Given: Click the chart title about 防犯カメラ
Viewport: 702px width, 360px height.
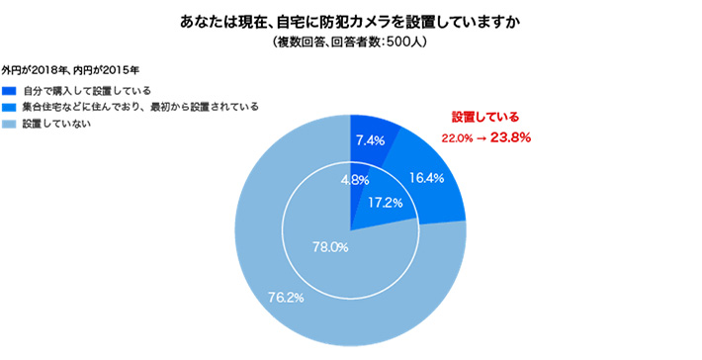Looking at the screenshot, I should [350, 20].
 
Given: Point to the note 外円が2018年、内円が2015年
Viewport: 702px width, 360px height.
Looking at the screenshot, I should [70, 71].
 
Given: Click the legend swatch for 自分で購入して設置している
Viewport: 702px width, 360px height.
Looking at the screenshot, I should [10, 91].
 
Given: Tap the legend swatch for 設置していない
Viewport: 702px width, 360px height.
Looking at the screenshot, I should [10, 124].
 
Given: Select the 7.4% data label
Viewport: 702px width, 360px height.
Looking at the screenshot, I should [369, 140].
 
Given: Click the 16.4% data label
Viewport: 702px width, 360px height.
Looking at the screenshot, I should [426, 179].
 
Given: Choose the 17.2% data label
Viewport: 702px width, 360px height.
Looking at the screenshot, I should [385, 202].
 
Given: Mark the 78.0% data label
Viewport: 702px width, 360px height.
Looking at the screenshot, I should [329, 247].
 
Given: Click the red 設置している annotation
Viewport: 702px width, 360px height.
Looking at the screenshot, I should [485, 117].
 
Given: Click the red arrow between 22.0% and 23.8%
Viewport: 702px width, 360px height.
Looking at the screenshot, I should [482, 138].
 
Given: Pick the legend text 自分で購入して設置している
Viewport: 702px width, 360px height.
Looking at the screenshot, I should [85, 91].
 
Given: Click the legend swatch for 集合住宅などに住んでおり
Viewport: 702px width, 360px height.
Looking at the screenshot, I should [10, 107].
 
